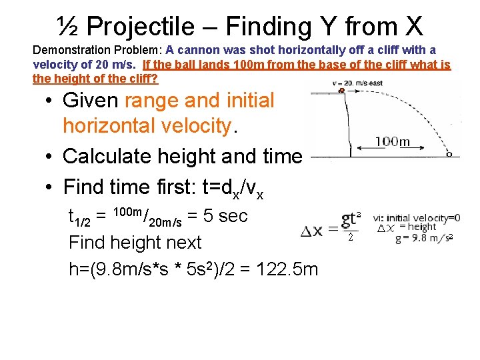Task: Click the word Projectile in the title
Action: [140, 27]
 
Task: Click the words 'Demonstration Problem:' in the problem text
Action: [98, 51]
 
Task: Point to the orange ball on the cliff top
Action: [342, 89]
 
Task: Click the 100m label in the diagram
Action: [393, 141]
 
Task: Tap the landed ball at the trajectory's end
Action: [449, 154]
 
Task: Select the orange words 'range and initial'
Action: [199, 101]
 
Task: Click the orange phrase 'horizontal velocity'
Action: [146, 125]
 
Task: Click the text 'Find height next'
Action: [135, 243]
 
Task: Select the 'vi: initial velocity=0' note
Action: [416, 217]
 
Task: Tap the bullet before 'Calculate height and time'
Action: [49, 157]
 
